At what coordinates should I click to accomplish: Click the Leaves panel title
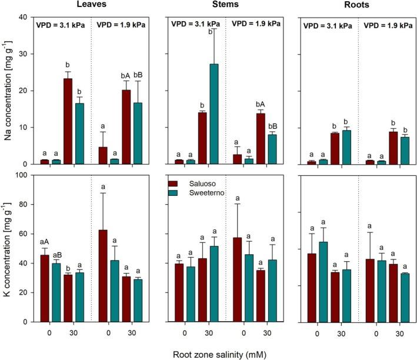[x=91, y=6]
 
